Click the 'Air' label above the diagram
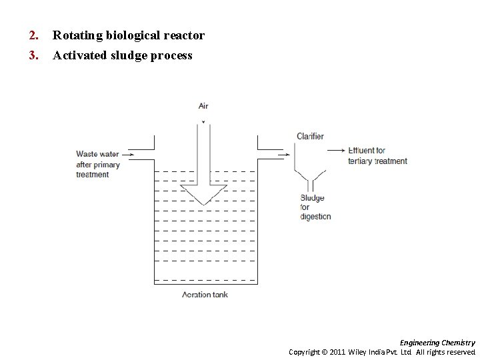203,106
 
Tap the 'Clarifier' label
310,137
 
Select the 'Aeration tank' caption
205,295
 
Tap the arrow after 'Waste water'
129,155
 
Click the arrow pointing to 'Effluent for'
337,151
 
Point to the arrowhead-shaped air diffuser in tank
204,194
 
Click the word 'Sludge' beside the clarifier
312,198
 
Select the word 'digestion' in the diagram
315,217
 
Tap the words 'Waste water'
97,155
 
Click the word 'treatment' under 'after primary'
93,175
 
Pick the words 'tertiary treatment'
377,161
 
